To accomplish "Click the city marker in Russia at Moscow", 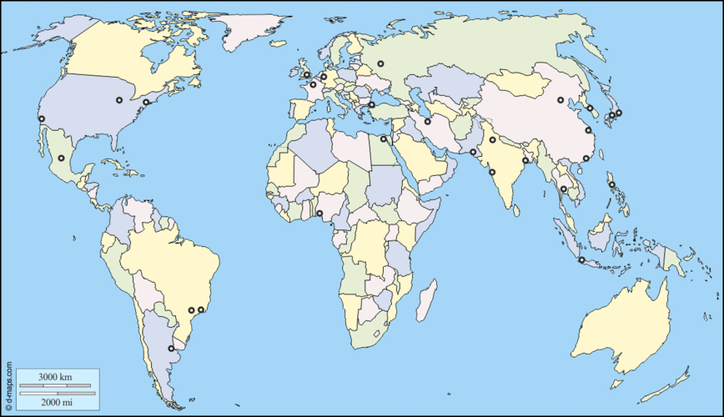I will point(380,63).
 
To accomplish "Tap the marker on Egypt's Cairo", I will point(383,138).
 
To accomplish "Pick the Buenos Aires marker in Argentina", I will point(171,349).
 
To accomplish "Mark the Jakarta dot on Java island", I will point(581,260).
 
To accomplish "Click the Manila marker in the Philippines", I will point(611,185).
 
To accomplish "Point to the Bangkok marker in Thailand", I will point(564,189).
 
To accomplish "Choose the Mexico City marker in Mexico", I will point(61,158).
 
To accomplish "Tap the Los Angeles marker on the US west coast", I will point(41,119).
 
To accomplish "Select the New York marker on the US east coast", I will point(146,102).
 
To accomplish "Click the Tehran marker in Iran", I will point(427,121).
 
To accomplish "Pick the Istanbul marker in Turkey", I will point(371,105).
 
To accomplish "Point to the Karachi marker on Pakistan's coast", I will point(473,152).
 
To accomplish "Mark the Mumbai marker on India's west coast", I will point(492,172).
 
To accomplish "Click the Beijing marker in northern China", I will point(561,100).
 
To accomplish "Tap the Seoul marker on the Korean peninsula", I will point(590,108).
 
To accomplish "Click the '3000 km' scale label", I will point(56,377).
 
